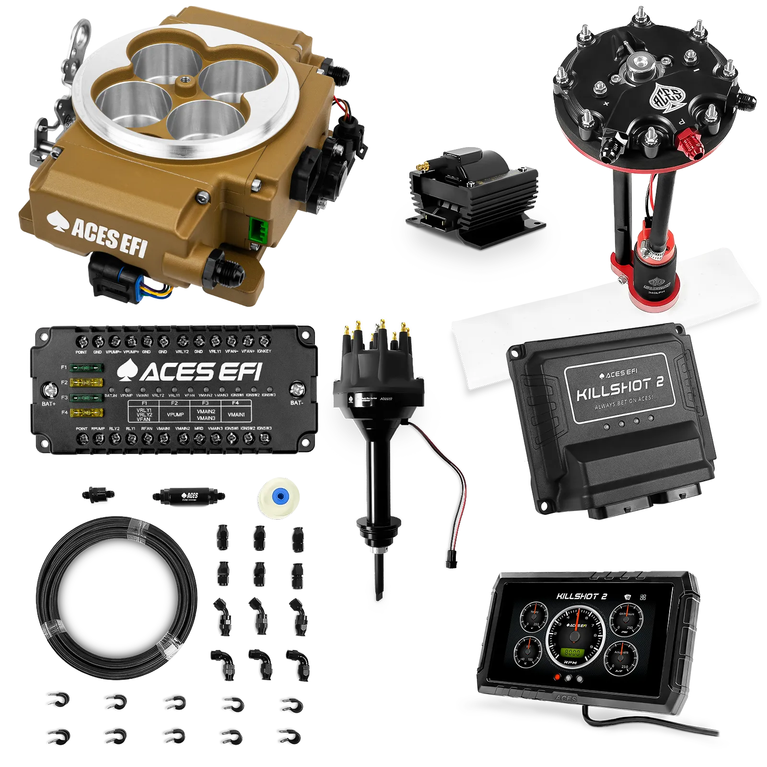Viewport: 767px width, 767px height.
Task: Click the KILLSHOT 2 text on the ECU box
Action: (x=619, y=390)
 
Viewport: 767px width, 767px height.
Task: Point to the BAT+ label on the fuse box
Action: (x=48, y=404)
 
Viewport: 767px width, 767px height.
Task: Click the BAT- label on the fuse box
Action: (x=297, y=403)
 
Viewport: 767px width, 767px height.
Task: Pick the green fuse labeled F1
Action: (x=87, y=368)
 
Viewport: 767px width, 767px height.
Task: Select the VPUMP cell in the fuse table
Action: (x=175, y=415)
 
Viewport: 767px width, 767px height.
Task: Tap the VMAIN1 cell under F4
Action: (x=236, y=415)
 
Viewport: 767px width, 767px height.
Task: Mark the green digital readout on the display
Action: (x=571, y=652)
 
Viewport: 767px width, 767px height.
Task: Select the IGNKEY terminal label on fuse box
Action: (x=264, y=351)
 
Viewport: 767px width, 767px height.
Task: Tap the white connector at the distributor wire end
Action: (x=450, y=564)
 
